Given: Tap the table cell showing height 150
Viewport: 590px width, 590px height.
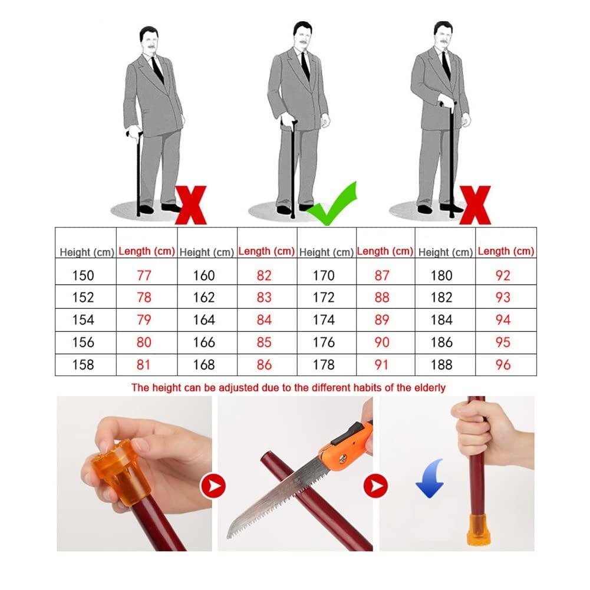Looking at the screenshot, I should click(83, 275).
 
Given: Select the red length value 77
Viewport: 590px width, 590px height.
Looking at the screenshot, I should click(144, 275).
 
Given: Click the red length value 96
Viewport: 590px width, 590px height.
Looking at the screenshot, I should click(503, 364).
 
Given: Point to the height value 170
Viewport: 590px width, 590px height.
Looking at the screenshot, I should click(323, 275).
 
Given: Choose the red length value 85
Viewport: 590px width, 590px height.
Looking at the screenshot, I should click(264, 342).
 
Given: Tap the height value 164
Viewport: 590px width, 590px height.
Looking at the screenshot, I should click(204, 320).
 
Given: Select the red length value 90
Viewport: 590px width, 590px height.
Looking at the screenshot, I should click(382, 342).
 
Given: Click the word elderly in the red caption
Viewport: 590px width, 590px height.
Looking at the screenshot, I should click(429, 387).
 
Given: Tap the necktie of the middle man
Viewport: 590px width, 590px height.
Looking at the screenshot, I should click(305, 65).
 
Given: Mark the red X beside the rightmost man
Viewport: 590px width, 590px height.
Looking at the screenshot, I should click(475, 205).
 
